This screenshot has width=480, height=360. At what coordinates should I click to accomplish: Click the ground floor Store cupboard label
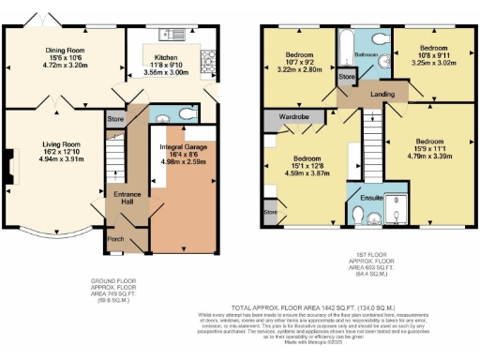click(x=115, y=120)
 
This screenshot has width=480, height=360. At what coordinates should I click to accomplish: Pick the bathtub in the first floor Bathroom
click(x=345, y=45)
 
